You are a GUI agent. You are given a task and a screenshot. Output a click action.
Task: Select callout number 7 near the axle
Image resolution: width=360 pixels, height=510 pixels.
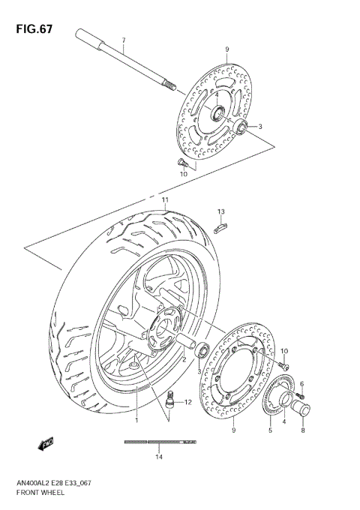124,39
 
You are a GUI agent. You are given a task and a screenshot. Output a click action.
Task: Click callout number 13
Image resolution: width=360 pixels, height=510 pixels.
221,212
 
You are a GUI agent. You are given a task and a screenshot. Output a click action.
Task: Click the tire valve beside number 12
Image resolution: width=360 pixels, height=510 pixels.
169,403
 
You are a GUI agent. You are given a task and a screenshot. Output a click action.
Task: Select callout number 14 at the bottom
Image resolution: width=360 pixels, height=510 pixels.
159,457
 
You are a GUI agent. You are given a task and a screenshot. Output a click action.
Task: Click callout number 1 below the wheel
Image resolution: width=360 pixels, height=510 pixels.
137,421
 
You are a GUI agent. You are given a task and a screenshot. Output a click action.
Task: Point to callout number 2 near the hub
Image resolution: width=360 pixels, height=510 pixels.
182,359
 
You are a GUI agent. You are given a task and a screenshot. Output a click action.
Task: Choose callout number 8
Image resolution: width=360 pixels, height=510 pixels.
303,431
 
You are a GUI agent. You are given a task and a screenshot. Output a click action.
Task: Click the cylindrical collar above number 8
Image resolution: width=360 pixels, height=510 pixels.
305,410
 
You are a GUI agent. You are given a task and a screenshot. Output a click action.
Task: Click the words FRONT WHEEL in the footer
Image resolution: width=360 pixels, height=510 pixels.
39,496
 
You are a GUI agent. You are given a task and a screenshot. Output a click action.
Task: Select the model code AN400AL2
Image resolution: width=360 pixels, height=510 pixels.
36,484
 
